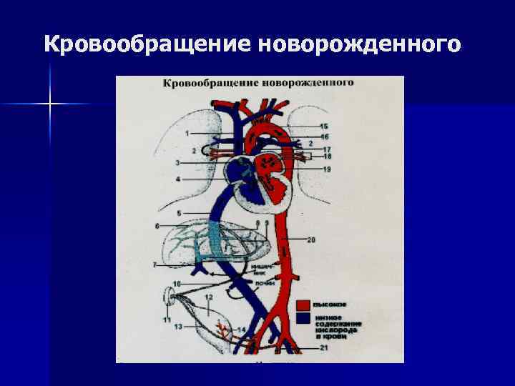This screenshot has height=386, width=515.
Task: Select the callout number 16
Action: click(324, 136)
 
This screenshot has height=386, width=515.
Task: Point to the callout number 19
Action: click(326, 169)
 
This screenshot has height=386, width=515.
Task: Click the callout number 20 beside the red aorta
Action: click(311, 240)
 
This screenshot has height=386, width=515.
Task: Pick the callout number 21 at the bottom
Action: click(324, 348)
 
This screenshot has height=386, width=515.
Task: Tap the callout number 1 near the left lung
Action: click(187, 134)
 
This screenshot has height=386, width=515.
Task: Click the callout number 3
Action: click(177, 163)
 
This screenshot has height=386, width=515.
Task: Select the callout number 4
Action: click(178, 177)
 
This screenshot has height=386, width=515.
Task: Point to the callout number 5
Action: click(178, 213)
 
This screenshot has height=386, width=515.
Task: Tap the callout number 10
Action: click(176, 284)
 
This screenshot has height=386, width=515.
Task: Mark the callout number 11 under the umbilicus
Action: click(167, 320)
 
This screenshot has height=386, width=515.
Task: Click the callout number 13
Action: click(177, 326)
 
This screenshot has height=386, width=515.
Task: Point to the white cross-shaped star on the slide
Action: click(51, 104)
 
